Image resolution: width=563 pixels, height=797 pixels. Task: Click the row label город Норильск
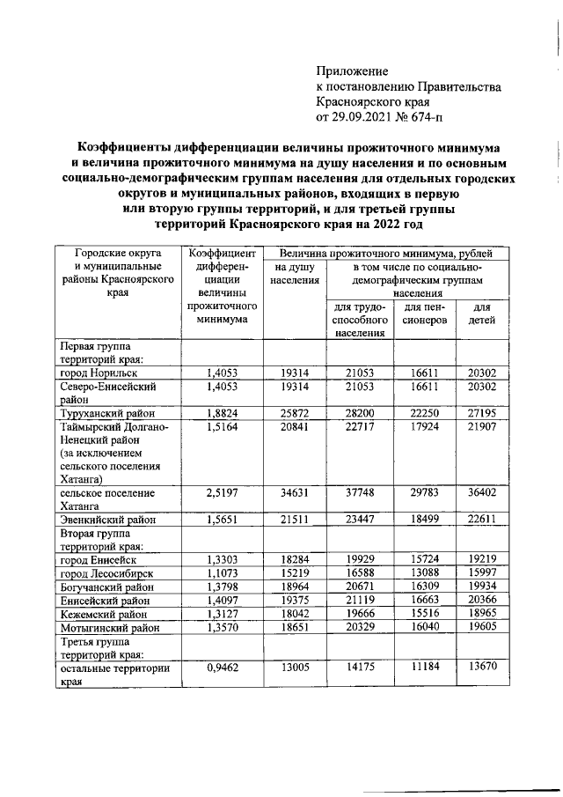click(x=97, y=373)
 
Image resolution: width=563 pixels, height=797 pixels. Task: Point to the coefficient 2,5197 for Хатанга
click(x=222, y=493)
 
